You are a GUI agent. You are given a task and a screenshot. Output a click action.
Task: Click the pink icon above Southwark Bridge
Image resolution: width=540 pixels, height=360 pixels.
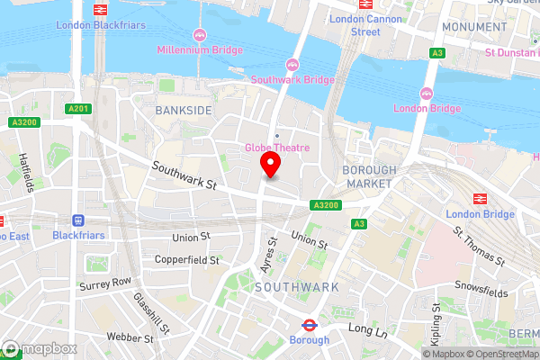[292, 64]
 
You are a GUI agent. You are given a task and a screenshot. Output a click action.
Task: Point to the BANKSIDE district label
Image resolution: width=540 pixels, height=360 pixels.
[183, 110]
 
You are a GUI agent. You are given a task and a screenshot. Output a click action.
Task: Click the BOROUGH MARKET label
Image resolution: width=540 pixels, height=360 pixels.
[368, 176]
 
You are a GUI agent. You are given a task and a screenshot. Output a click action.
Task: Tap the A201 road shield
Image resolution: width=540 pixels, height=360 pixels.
[80, 110]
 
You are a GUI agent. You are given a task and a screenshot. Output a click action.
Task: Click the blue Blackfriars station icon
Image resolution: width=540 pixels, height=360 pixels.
[78, 220]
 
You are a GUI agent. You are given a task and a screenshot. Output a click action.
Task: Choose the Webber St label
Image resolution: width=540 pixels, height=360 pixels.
[130, 338]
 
